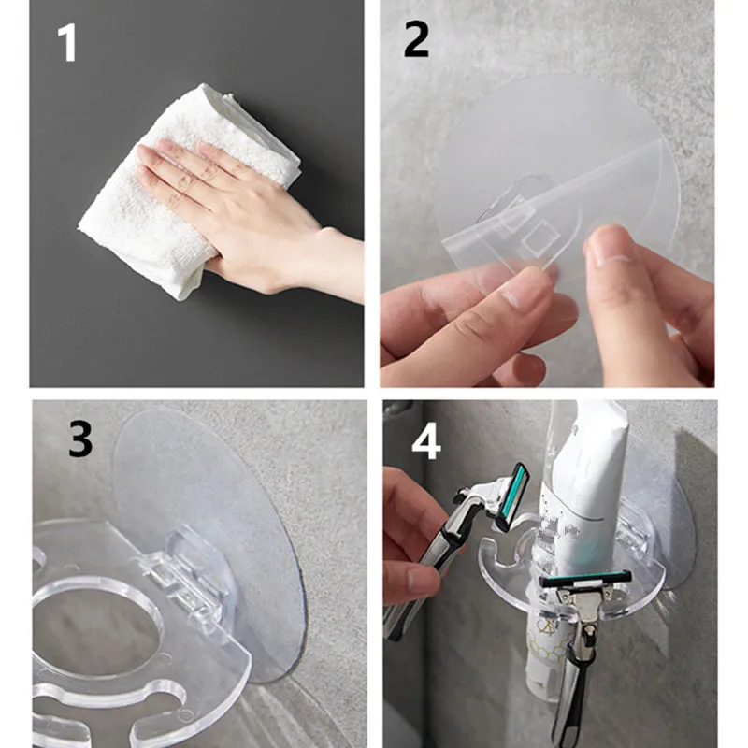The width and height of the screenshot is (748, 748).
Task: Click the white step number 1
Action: pyautogui.click(x=67, y=43)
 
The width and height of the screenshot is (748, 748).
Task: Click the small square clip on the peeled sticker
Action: pyautogui.click(x=539, y=237)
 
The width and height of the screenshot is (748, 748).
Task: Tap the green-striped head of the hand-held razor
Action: pyautogui.click(x=511, y=496)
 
